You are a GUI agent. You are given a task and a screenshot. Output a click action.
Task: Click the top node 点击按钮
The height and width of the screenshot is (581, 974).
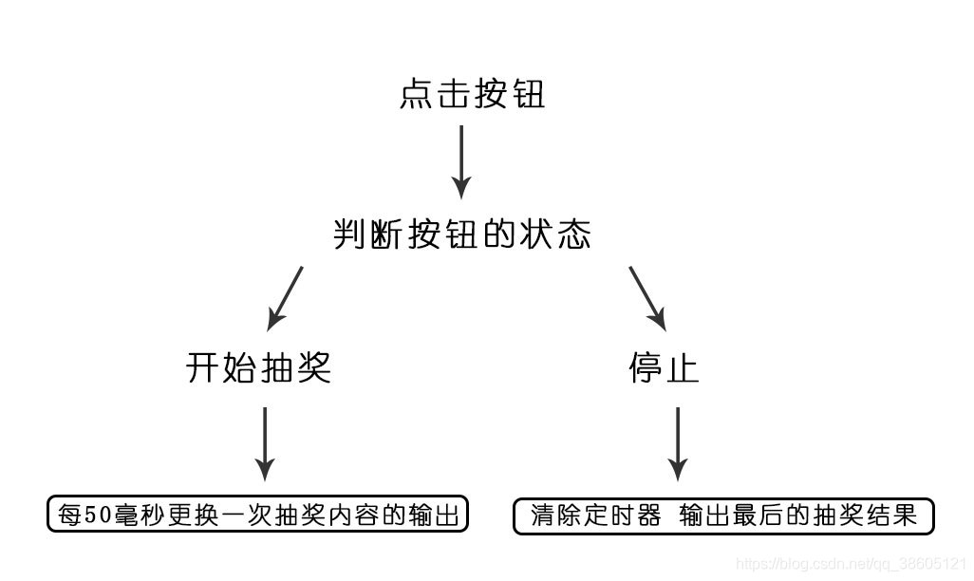point(473,95)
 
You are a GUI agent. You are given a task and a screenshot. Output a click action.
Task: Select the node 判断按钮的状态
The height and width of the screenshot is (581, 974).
point(462,234)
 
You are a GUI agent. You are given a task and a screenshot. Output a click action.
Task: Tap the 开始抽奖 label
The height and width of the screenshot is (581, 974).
point(258,367)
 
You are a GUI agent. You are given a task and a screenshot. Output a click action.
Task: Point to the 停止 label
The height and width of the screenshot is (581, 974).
point(664,367)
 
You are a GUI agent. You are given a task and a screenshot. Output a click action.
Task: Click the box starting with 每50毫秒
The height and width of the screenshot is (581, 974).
point(258,515)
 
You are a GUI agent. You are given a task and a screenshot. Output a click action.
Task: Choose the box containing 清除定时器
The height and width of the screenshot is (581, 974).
point(724,515)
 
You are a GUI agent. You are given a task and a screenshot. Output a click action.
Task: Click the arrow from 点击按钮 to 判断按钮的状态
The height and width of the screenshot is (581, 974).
point(461,161)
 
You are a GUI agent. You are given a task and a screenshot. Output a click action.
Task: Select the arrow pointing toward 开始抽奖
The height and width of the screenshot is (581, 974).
point(285,297)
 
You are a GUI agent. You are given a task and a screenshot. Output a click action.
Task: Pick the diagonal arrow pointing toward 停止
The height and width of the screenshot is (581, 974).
point(648,297)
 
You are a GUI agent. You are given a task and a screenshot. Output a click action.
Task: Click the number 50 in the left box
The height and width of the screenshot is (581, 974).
point(99,515)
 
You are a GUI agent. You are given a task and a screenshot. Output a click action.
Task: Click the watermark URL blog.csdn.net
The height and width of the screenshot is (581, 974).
point(852,564)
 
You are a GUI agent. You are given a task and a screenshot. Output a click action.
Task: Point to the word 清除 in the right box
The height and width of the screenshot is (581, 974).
point(555,515)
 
